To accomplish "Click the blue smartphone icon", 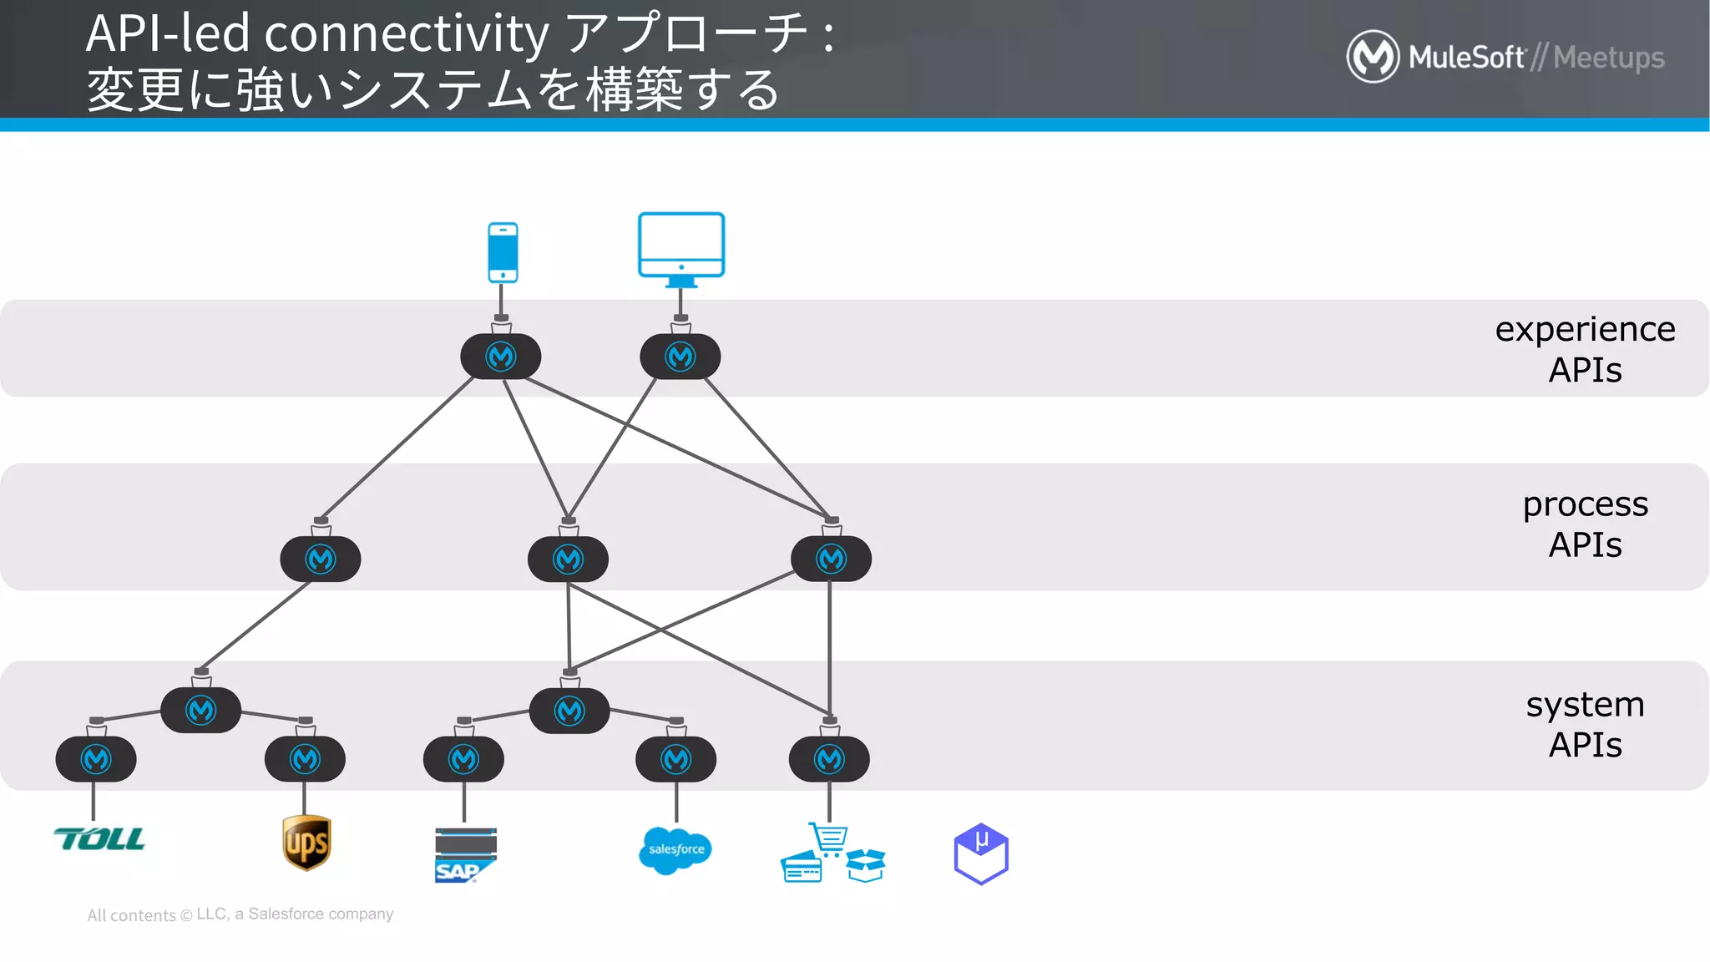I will click(503, 252).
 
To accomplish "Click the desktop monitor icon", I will click(681, 248).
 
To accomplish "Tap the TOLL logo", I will click(99, 839).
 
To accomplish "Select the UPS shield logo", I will click(306, 843).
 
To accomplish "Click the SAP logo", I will click(465, 855).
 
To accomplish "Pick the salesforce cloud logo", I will click(675, 850).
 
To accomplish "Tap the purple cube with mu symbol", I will click(981, 853).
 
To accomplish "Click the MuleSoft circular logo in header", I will click(1372, 57).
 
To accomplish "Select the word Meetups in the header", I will click(1608, 58).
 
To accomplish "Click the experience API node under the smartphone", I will click(501, 357).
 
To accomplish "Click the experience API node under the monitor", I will click(680, 357).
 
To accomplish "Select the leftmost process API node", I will click(321, 559).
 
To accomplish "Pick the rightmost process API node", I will click(831, 559).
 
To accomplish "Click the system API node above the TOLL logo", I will click(96, 759).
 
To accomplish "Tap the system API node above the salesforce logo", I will click(675, 759).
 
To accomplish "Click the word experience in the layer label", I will click(1584, 330).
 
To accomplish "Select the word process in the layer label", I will click(1584, 504).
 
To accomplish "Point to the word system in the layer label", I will click(1584, 705).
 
